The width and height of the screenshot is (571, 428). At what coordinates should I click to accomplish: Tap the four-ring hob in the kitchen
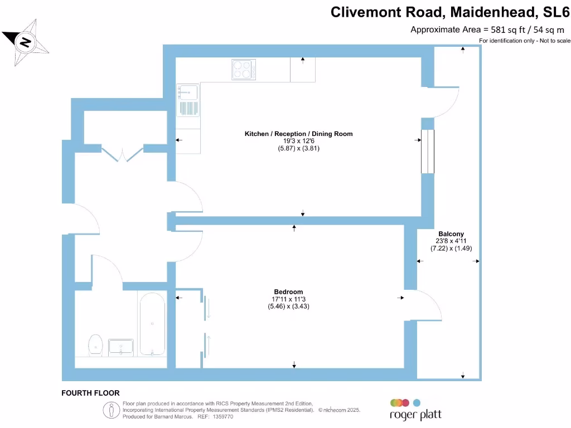point(244,70)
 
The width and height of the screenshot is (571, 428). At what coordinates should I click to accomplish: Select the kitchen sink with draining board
point(188,100)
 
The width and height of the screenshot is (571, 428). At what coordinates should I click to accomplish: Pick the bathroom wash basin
point(121,347)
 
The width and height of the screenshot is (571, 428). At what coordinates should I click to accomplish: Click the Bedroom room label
point(288,292)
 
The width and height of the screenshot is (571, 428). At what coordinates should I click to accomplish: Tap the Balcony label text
point(451,234)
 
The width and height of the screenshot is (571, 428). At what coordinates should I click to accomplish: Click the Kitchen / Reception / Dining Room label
point(299,134)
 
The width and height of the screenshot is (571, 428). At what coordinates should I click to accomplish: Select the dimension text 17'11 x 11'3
point(288,299)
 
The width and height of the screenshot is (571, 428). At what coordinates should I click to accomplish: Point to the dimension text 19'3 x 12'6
point(299,141)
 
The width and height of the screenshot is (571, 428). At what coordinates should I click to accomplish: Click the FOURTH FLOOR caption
point(90,393)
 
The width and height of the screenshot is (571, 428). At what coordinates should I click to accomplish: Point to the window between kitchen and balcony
point(427,152)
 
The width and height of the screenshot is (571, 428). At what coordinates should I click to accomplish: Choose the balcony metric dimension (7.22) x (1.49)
point(451,249)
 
